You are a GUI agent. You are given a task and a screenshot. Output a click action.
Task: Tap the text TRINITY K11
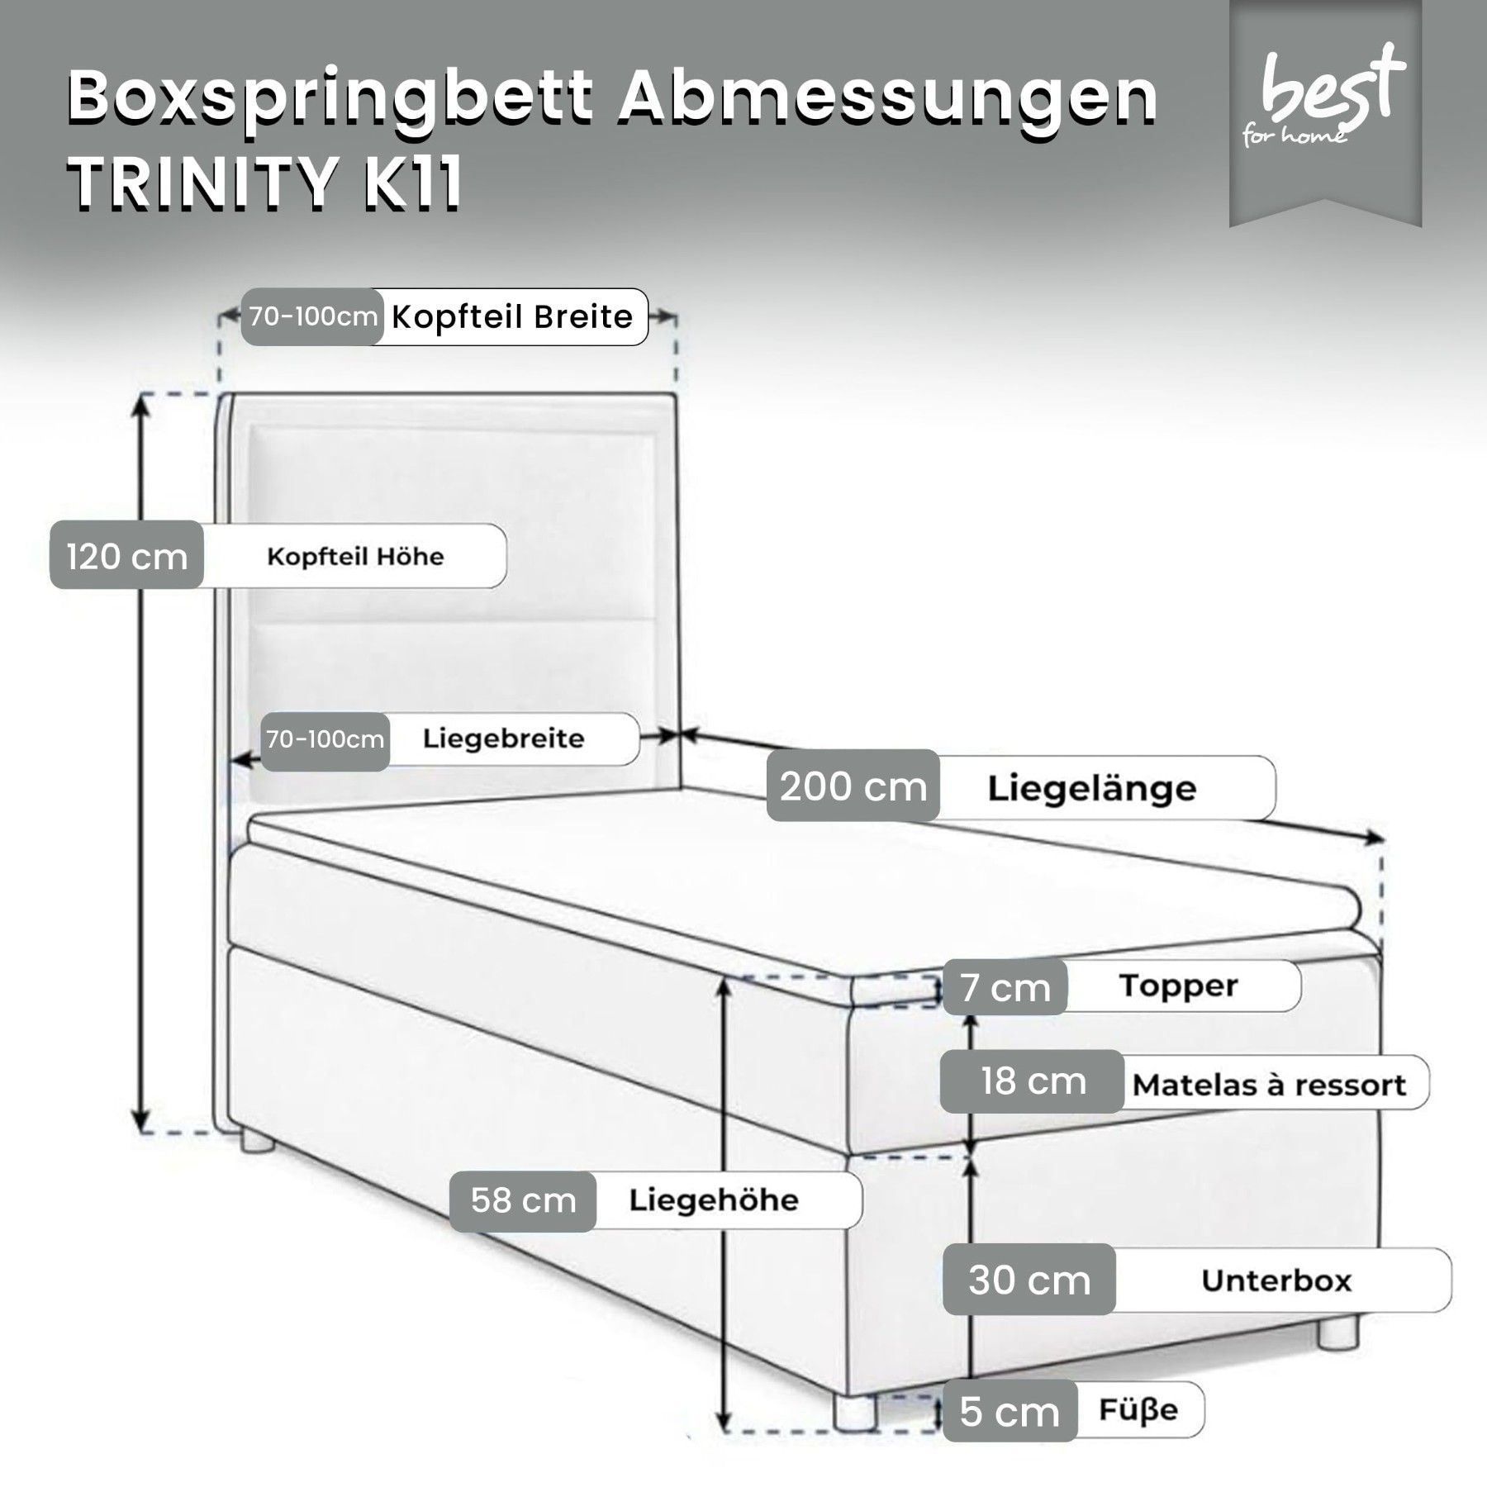(265, 183)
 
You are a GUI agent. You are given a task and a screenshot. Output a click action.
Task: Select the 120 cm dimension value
(126, 556)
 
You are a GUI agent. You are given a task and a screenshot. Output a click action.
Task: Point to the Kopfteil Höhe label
(355, 556)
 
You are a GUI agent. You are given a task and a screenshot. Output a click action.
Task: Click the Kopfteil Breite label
(512, 316)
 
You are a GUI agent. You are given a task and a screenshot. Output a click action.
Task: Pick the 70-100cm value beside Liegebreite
(325, 739)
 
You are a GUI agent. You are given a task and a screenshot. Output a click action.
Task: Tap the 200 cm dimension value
(853, 786)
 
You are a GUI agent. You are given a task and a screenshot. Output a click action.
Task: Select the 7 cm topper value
(1005, 987)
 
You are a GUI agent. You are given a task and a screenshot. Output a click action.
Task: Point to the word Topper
(1179, 986)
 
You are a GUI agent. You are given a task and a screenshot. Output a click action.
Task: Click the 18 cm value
(1033, 1081)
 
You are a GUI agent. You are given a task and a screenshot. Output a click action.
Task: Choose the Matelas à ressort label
(1269, 1085)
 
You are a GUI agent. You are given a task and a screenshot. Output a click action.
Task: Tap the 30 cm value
(1029, 1280)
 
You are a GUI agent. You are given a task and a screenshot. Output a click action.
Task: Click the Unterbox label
(1276, 1280)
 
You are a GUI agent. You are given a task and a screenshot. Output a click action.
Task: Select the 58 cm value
(523, 1200)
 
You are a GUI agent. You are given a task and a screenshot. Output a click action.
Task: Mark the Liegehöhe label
(714, 1200)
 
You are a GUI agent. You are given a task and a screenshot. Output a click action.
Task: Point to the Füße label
(1138, 1409)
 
